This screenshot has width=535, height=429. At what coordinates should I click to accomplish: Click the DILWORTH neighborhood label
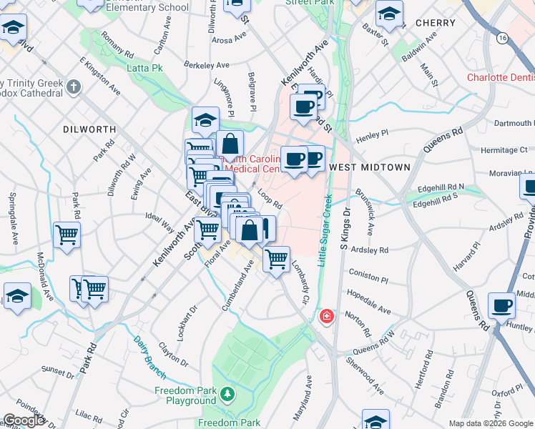(x=89, y=129)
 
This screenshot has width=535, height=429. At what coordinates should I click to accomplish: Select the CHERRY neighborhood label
(x=435, y=23)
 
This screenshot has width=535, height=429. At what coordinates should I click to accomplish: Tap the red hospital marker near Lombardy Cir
(x=327, y=315)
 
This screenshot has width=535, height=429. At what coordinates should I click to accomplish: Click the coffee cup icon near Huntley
(x=501, y=306)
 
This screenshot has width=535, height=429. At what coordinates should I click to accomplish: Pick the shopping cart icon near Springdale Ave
(x=67, y=233)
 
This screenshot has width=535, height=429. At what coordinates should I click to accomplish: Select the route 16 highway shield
(x=504, y=37)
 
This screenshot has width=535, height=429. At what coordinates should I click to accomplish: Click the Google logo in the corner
(x=23, y=421)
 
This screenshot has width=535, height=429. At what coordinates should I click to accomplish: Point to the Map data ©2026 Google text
(x=491, y=423)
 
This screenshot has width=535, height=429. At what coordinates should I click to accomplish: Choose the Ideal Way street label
(x=159, y=221)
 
